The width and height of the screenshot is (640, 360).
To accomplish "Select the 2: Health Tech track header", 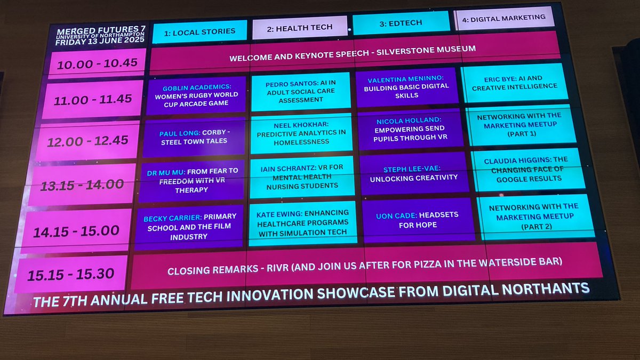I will (x=299, y=27).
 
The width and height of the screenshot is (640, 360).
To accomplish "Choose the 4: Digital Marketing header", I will (x=503, y=18).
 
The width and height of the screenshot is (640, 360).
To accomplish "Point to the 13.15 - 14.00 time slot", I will (x=83, y=185).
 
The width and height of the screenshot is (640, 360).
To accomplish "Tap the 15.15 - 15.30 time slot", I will (x=71, y=274).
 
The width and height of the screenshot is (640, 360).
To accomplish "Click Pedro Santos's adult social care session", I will (x=300, y=91).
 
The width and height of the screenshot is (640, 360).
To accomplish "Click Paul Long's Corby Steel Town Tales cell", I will (x=194, y=138).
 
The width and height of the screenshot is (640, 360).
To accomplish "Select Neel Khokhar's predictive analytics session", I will (x=301, y=133).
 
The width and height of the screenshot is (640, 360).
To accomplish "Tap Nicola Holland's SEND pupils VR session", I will (x=410, y=129).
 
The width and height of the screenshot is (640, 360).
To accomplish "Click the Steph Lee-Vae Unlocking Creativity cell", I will (x=413, y=174).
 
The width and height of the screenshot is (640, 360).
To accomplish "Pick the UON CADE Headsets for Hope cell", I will (x=417, y=220).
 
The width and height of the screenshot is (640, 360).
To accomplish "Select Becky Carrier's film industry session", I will (x=189, y=227).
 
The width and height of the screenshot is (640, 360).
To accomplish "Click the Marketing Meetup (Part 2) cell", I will (x=533, y=216).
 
